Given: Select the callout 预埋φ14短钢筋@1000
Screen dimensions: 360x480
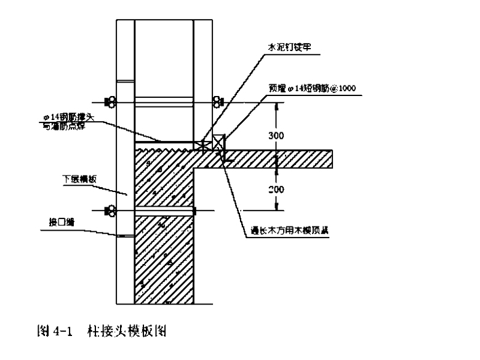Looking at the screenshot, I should (x=312, y=88).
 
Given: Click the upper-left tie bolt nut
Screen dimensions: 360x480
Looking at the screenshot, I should (x=111, y=101).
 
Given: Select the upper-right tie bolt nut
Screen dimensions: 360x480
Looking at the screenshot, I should (x=217, y=101).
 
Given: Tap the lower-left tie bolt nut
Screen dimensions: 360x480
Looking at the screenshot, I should (x=111, y=210).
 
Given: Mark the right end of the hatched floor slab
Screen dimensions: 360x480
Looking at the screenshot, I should (x=332, y=159).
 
